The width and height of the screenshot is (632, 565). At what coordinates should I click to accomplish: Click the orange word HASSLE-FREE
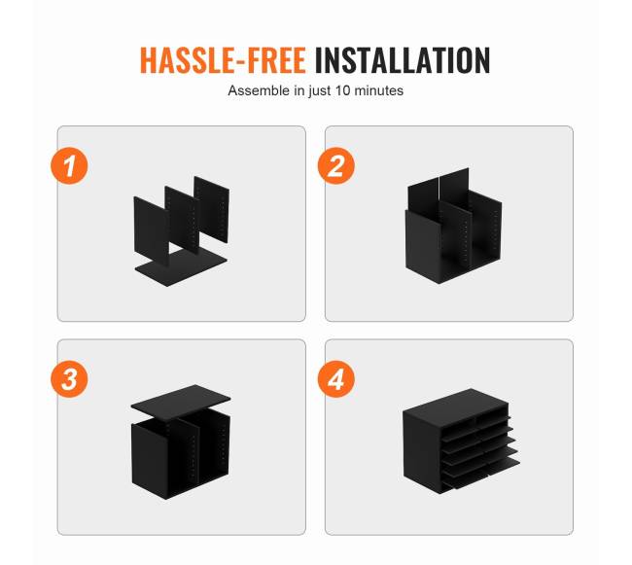pyautogui.click(x=223, y=60)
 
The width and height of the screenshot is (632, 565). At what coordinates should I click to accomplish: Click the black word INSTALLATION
pyautogui.click(x=403, y=60)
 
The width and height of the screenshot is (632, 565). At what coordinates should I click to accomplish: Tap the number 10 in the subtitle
pyautogui.click(x=342, y=90)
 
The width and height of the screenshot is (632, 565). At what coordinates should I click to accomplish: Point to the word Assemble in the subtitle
pyautogui.click(x=260, y=90)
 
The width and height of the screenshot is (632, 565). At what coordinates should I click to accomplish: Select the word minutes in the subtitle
pyautogui.click(x=378, y=90)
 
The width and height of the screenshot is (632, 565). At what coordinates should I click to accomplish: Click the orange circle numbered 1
pyautogui.click(x=69, y=166)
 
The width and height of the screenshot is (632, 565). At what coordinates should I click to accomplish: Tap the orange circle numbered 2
pyautogui.click(x=336, y=165)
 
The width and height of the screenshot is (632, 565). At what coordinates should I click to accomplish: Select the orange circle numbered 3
pyautogui.click(x=69, y=379)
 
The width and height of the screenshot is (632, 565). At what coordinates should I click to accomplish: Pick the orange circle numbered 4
pyautogui.click(x=336, y=379)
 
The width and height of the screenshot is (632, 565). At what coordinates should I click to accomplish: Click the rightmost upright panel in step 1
pyautogui.click(x=212, y=209)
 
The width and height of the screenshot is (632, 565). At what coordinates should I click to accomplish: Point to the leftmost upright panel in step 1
pyautogui.click(x=152, y=230)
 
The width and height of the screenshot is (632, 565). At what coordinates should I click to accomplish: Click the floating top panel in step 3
pyautogui.click(x=181, y=402)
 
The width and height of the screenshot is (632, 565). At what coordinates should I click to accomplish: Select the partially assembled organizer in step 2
pyautogui.click(x=454, y=226)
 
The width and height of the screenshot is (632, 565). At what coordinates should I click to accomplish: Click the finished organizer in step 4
pyautogui.click(x=461, y=441)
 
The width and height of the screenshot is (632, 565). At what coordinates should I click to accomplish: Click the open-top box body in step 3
pyautogui.click(x=181, y=455)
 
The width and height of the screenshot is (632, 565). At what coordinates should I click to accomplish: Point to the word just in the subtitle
pyautogui.click(x=321, y=90)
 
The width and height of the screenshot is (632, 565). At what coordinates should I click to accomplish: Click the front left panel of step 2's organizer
pyautogui.click(x=422, y=246)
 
